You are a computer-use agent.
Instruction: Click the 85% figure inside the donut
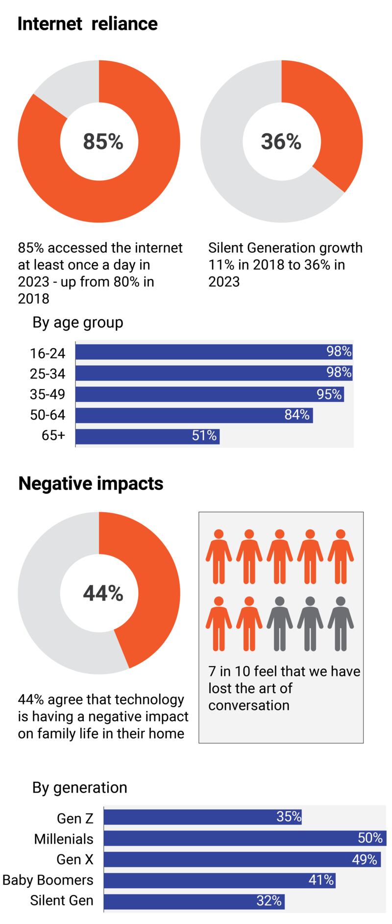[103, 142]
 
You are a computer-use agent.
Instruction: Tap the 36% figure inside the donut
[281, 142]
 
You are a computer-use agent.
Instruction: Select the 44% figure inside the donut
[103, 594]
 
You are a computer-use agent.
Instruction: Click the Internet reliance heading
[87, 24]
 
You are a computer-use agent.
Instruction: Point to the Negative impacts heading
[91, 484]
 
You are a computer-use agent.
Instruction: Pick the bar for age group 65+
[147, 436]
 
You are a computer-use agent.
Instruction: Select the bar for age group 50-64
[194, 415]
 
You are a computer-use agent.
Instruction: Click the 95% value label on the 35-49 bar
[329, 394]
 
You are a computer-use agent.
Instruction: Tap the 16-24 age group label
[47, 353]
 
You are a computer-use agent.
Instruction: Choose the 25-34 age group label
[47, 374]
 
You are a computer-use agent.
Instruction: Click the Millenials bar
[245, 838]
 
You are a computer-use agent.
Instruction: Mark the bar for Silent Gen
[194, 901]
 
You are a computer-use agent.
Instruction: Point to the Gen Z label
[75, 818]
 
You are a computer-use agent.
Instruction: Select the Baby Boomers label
[48, 880]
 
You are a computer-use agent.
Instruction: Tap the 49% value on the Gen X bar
[365, 859]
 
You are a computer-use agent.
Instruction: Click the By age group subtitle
[78, 323]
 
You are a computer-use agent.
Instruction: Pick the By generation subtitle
[80, 788]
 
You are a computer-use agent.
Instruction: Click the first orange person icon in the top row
[219, 556]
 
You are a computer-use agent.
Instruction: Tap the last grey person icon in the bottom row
[341, 623]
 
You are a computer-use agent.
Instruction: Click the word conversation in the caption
[249, 705]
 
